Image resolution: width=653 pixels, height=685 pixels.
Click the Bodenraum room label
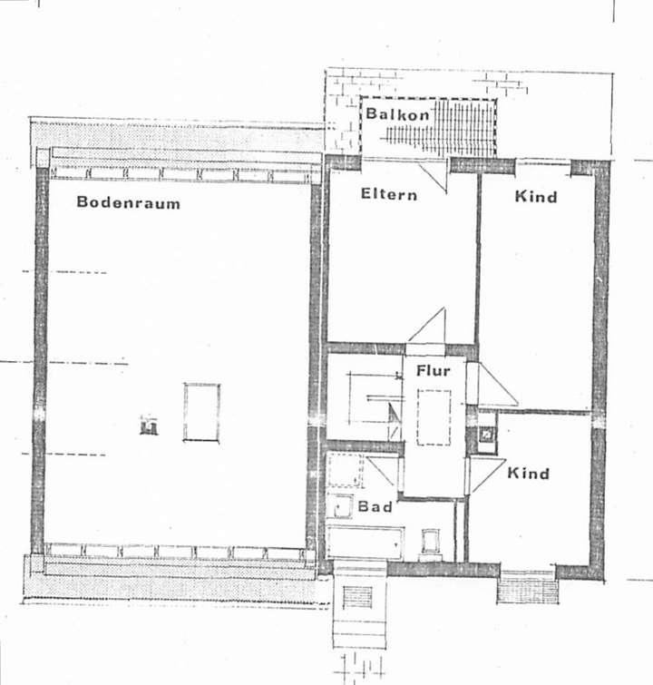[x=128, y=202]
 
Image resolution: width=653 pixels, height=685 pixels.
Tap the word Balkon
[x=397, y=114]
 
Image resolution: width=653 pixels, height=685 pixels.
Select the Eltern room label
[x=389, y=194]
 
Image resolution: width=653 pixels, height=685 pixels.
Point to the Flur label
[x=433, y=371]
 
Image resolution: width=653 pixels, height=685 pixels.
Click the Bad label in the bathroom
[x=375, y=506]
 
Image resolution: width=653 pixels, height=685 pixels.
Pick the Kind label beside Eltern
[x=535, y=196]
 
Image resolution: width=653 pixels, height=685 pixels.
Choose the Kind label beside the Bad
[x=528, y=474]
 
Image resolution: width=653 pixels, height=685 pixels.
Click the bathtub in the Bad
[x=363, y=543]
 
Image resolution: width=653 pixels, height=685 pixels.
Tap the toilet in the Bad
[x=429, y=543]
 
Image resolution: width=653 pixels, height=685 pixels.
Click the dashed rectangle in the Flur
[x=434, y=417]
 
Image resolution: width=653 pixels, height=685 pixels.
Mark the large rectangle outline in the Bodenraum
[x=201, y=411]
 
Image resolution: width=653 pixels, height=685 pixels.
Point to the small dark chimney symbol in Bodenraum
[x=149, y=425]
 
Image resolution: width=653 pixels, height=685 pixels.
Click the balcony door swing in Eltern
[x=433, y=174]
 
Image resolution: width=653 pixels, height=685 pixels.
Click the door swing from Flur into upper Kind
[x=493, y=385]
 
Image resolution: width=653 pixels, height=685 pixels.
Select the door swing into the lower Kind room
[x=485, y=473]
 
